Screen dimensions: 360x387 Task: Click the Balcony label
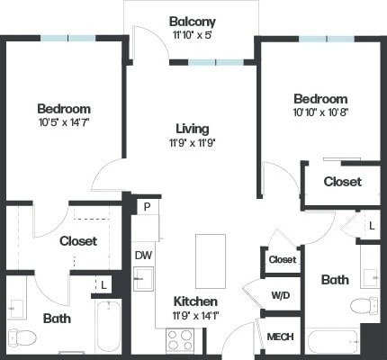tap(192, 21)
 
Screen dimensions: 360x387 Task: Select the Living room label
tap(191, 128)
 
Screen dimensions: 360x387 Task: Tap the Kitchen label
tap(193, 301)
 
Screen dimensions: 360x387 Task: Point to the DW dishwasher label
tap(142, 256)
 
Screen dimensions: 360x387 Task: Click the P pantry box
tap(145, 207)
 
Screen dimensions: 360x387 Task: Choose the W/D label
tap(280, 294)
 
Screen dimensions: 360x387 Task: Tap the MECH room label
tap(279, 337)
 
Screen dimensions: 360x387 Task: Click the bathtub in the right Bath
tap(332, 342)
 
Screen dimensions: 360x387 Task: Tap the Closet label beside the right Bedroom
tap(342, 182)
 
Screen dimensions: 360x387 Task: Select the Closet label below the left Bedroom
tap(77, 241)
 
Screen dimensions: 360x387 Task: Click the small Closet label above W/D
tap(281, 260)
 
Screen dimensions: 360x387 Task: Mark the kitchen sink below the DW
tap(142, 280)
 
